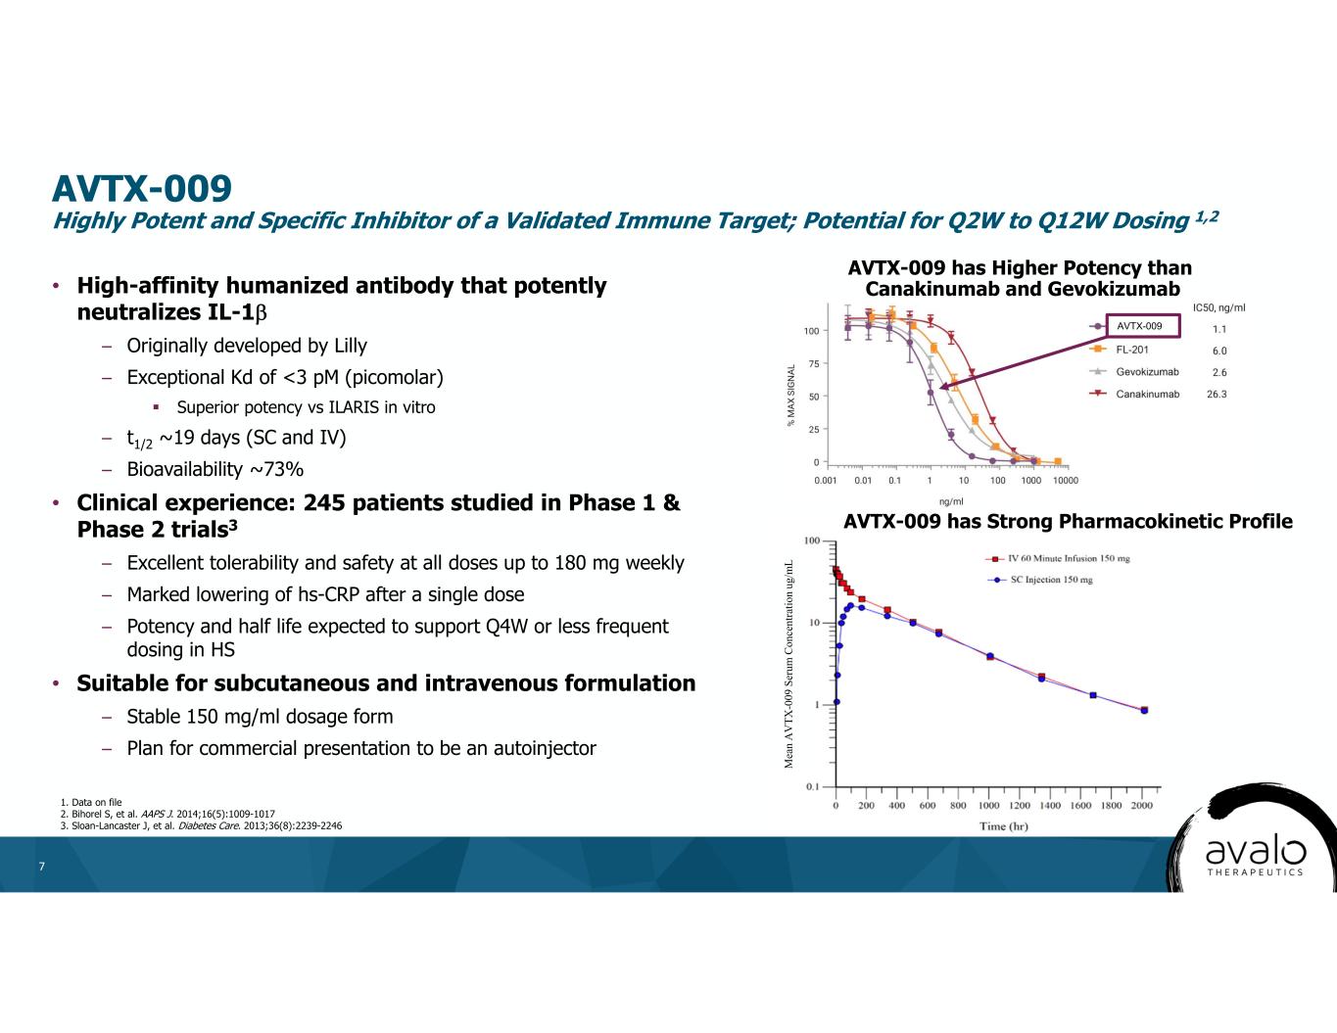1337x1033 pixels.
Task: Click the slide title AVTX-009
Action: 142,187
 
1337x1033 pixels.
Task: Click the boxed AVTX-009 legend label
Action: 1138,326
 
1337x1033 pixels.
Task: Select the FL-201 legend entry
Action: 1132,350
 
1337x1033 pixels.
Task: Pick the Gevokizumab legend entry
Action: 1147,372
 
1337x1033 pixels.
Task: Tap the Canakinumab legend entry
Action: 1147,395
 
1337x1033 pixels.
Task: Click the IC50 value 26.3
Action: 1217,395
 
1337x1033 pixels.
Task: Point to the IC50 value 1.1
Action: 1218,330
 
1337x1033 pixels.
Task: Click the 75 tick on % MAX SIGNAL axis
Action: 812,363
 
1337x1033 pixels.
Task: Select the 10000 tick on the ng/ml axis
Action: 1065,481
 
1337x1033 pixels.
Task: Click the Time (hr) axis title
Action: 1003,826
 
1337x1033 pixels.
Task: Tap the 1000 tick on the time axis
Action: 989,806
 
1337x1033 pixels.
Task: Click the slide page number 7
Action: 41,867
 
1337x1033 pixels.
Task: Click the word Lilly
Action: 350,346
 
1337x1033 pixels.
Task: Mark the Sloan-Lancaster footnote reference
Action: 201,825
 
